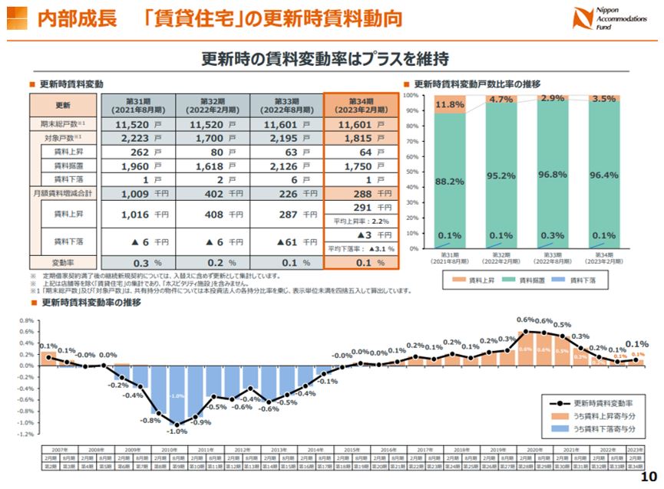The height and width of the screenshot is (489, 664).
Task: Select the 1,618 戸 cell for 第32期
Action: pyautogui.click(x=210, y=166)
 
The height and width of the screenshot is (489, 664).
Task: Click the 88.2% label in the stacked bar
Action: pyautogui.click(x=449, y=182)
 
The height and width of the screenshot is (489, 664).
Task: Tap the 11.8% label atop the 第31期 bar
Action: pyautogui.click(x=449, y=104)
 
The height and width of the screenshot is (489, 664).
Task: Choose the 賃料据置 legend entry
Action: pyautogui.click(x=522, y=281)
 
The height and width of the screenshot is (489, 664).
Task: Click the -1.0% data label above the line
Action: pyautogui.click(x=177, y=432)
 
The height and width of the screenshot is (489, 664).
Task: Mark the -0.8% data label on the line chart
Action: pyautogui.click(x=150, y=421)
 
